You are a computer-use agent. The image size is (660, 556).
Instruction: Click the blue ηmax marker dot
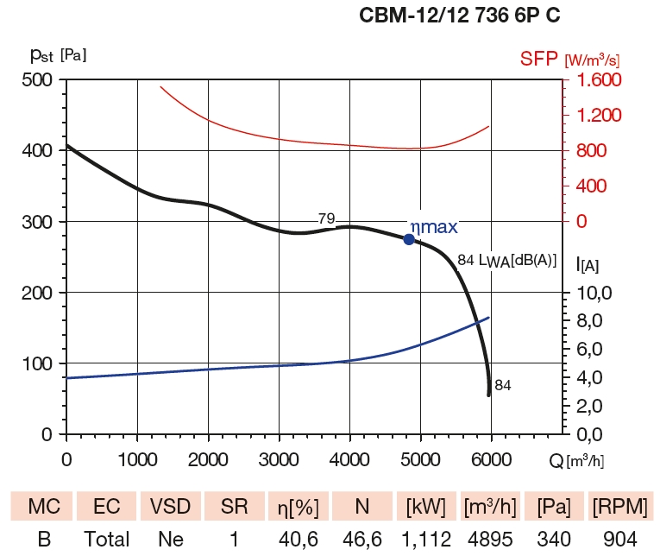(409, 239)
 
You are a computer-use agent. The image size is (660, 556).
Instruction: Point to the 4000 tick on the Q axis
(349, 454)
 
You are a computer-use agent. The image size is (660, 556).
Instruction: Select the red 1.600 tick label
(593, 80)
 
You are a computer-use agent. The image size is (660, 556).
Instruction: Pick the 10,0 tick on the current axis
(594, 293)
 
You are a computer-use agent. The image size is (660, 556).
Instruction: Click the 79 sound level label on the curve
(326, 219)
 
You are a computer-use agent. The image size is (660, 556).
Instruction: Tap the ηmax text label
(433, 227)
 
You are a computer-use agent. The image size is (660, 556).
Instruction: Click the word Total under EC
(106, 540)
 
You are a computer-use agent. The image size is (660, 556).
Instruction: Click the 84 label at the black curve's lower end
(503, 386)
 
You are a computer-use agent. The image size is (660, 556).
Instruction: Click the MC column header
(43, 505)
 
